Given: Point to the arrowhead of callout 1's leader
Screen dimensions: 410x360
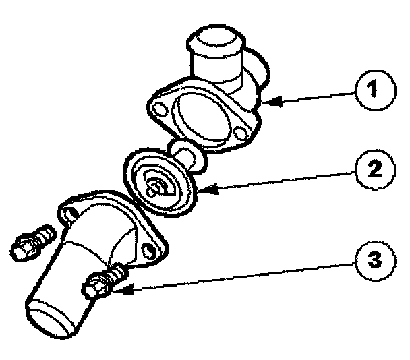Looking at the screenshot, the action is pos(270,102).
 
